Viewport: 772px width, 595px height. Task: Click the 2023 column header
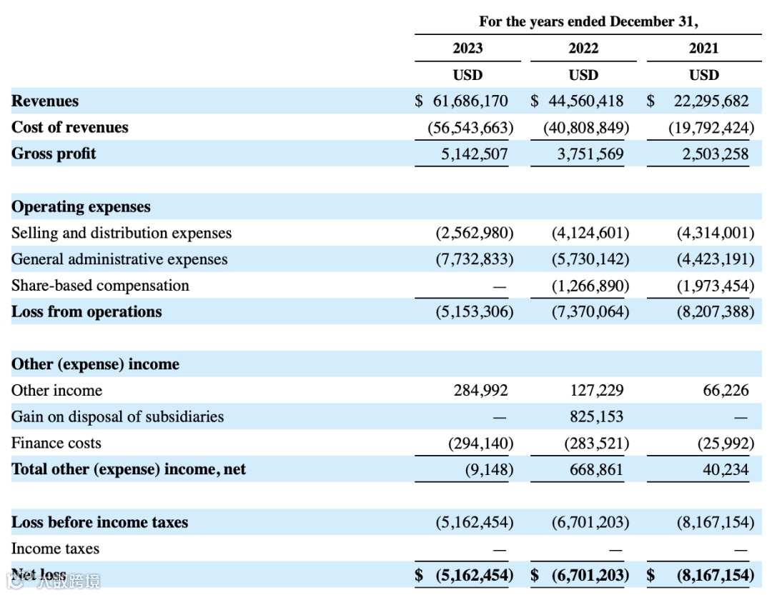(x=467, y=49)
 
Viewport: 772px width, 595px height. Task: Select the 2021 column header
(x=704, y=49)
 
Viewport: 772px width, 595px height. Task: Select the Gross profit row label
(x=54, y=154)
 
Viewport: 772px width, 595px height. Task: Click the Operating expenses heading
(x=81, y=207)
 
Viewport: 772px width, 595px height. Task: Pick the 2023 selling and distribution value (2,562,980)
(x=475, y=233)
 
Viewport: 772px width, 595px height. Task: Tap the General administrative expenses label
(x=119, y=259)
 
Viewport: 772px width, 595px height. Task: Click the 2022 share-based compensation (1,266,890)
(x=590, y=286)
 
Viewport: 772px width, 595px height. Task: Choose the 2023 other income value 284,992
(x=481, y=391)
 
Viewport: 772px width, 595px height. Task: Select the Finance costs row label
(x=56, y=444)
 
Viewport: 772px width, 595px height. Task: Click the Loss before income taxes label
(x=99, y=522)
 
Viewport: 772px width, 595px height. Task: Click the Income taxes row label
(x=55, y=549)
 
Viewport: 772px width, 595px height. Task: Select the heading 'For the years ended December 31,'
(x=588, y=21)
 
